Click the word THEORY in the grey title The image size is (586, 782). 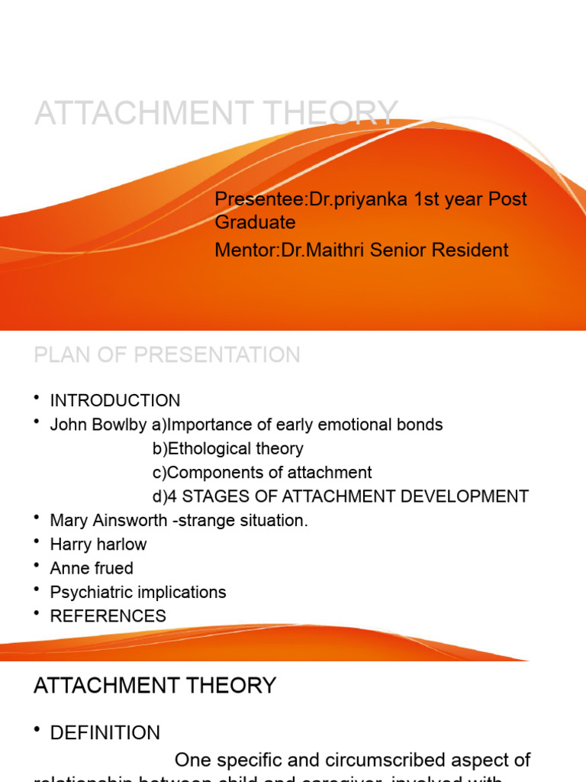click(x=332, y=113)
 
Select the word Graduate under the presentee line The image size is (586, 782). click(x=255, y=222)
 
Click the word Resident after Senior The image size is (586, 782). click(x=473, y=250)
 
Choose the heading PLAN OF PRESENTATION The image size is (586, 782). click(x=167, y=355)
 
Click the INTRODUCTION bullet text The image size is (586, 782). click(x=115, y=401)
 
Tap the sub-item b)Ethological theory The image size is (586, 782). click(x=227, y=449)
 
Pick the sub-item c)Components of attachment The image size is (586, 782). click(x=262, y=473)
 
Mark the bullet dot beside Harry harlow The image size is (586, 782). click(x=37, y=542)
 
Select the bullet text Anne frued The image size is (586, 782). click(x=92, y=568)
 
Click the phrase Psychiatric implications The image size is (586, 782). click(x=138, y=592)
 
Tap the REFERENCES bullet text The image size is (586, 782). click(x=108, y=616)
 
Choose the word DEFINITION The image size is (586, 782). click(x=105, y=733)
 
